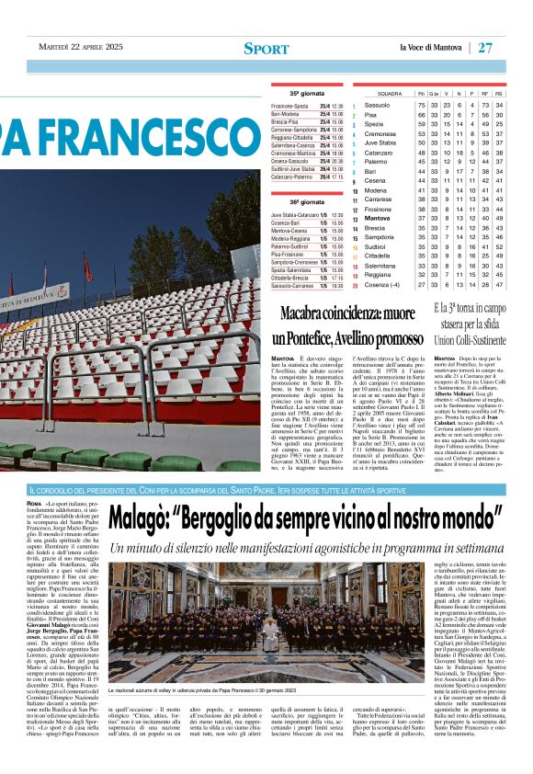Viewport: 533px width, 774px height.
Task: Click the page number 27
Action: coord(511,47)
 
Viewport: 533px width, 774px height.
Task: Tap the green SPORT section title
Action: coord(266,48)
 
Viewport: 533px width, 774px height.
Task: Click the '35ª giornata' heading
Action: coord(307,94)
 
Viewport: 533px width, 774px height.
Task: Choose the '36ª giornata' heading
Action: coord(307,201)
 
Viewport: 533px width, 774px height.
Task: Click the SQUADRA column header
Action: coord(390,94)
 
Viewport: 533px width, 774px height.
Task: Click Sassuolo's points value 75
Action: coord(421,106)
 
